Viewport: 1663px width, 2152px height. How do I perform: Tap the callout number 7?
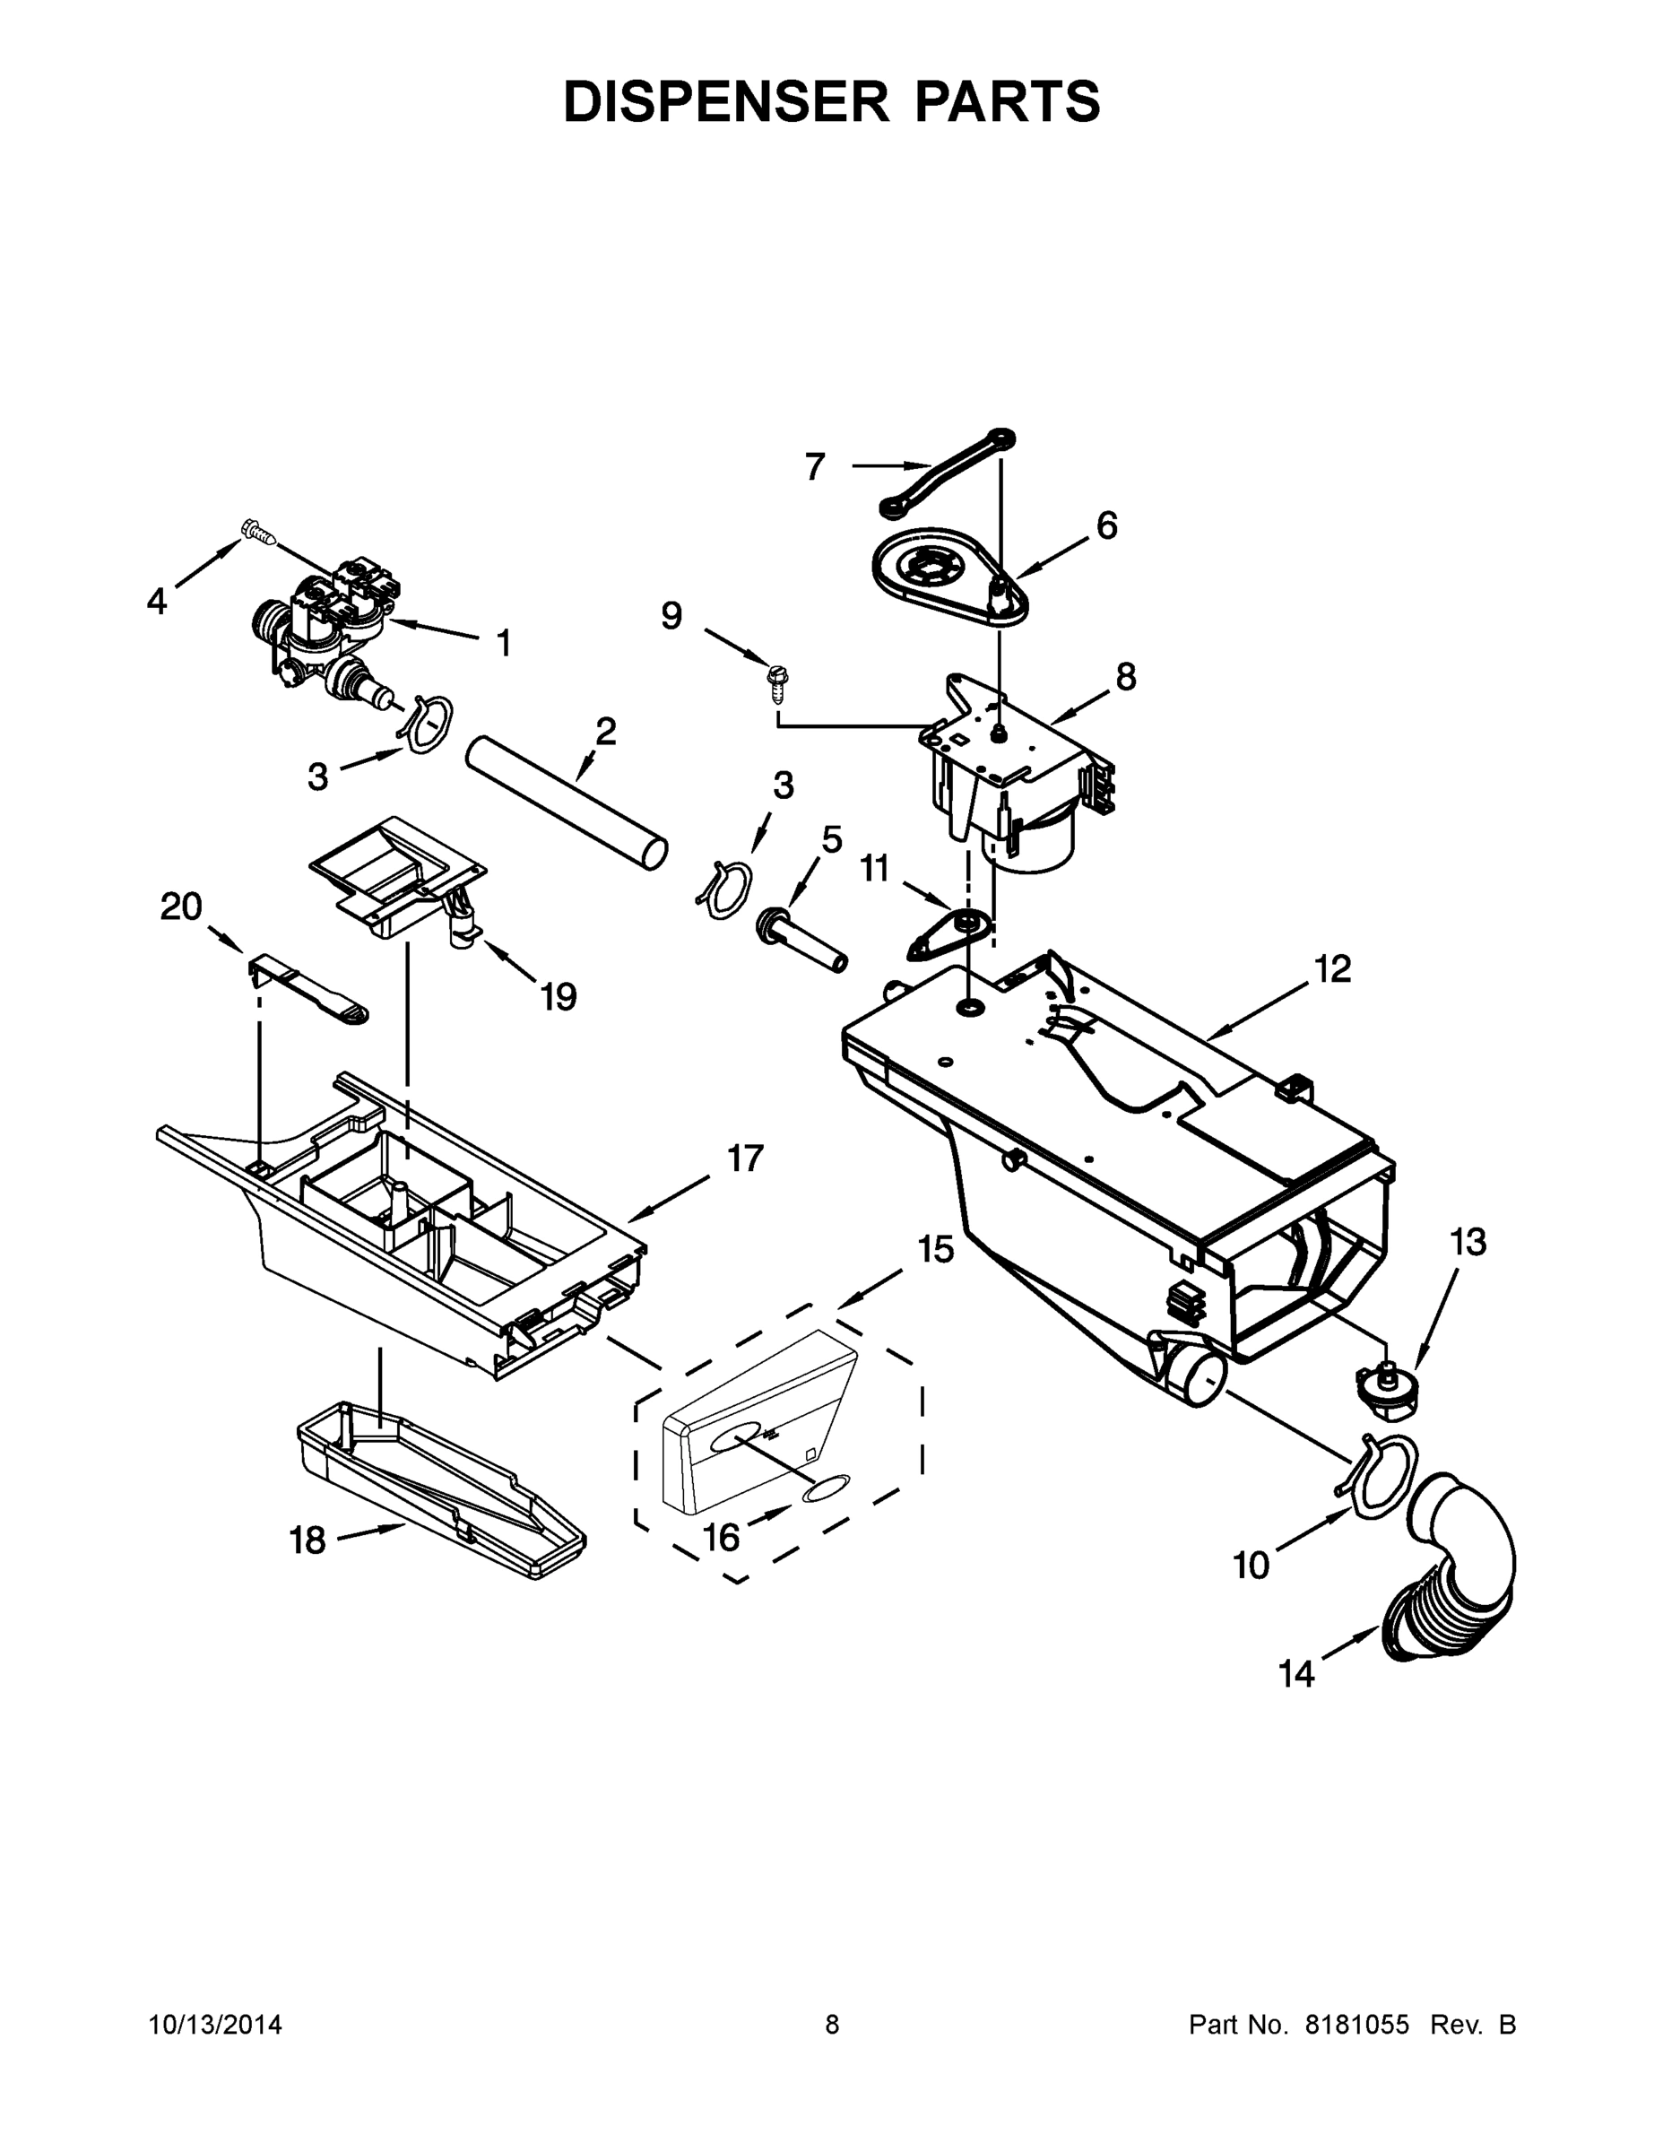(x=814, y=466)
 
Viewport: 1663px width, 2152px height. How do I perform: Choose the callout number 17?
(x=745, y=1158)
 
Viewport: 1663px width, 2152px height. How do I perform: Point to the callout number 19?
(x=558, y=996)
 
